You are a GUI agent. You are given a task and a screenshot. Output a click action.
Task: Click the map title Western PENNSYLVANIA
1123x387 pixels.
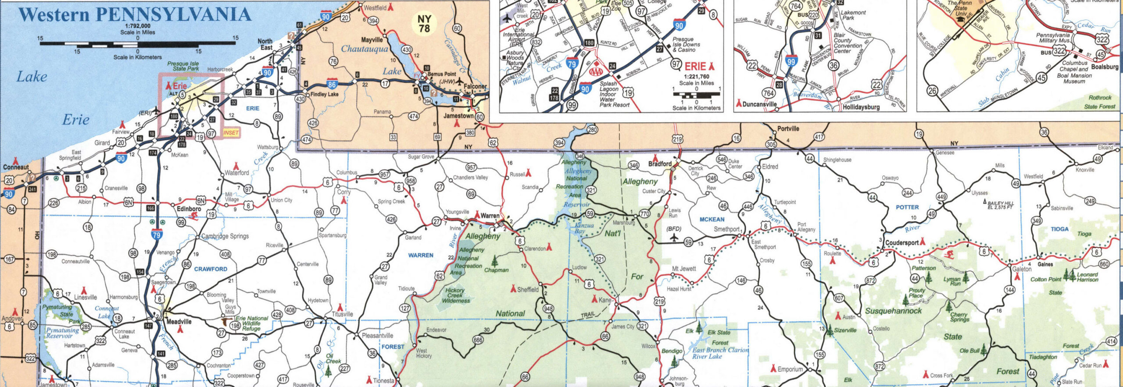[x=135, y=14]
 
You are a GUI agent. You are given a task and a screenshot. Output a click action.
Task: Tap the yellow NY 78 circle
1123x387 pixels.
[x=424, y=24]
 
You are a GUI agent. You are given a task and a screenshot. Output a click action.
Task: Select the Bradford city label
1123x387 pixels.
[x=660, y=164]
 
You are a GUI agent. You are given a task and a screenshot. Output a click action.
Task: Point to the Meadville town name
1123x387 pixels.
[x=179, y=321]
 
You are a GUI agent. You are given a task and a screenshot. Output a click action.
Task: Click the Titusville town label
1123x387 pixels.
[x=342, y=314]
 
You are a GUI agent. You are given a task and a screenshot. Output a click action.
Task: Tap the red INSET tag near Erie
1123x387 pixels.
[x=231, y=132]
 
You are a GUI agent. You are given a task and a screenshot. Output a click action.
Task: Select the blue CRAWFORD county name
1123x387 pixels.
[x=211, y=269]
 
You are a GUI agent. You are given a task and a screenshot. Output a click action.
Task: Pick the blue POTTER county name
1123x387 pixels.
[x=907, y=207]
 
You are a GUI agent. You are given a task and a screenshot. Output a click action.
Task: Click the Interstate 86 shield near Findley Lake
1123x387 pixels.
[x=332, y=84]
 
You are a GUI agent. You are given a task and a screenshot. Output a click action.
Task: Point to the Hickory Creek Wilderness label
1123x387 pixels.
[x=455, y=295]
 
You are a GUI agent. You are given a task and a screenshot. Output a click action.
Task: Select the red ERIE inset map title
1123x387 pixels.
[x=695, y=67]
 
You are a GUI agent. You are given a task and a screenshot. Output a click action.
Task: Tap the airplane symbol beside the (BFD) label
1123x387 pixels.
[x=674, y=237]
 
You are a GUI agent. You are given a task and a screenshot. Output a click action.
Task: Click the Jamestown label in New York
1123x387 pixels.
[x=458, y=116]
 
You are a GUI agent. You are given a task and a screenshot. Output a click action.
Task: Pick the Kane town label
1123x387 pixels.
[x=604, y=300]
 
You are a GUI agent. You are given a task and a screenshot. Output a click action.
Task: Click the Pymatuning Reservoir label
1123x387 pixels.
[x=62, y=333]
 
